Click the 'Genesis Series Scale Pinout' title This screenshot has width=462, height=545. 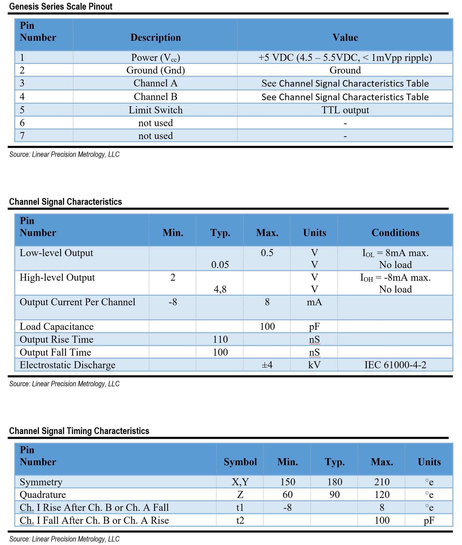click(61, 6)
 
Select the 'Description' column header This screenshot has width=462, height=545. click(155, 37)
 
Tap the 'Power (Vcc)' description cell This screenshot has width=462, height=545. click(155, 58)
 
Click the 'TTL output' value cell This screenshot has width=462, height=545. click(345, 110)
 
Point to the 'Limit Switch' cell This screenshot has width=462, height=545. click(155, 110)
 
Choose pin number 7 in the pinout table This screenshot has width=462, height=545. click(22, 136)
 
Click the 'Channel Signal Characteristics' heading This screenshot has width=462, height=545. click(66, 202)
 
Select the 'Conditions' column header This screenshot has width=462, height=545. click(395, 233)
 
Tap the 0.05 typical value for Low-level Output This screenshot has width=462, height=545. click(220, 265)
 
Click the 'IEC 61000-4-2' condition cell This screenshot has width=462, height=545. click(395, 365)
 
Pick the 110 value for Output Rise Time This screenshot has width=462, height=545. click(220, 339)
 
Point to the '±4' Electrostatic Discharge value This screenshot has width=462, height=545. click(267, 365)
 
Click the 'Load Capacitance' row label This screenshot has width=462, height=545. click(57, 327)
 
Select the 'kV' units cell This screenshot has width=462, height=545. click(314, 365)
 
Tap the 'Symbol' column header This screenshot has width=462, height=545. click(240, 462)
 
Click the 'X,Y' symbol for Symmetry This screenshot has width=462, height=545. click(240, 482)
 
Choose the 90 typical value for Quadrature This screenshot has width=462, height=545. click(334, 495)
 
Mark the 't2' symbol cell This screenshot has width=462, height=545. click(240, 520)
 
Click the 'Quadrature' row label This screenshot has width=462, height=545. click(43, 495)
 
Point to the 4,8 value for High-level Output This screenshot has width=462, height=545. click(220, 289)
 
